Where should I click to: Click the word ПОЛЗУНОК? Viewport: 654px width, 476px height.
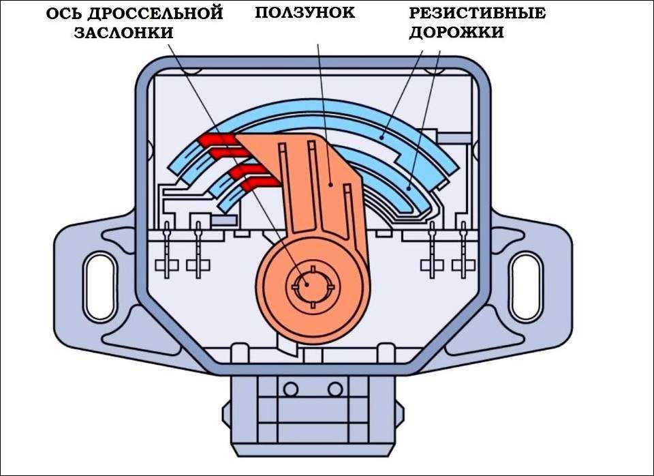click(x=305, y=12)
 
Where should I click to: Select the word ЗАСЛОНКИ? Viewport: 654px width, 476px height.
click(x=123, y=33)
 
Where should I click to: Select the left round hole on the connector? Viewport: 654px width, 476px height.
click(x=291, y=389)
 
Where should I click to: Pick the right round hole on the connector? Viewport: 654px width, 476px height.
click(x=334, y=389)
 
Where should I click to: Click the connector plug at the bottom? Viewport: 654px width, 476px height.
click(x=312, y=409)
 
